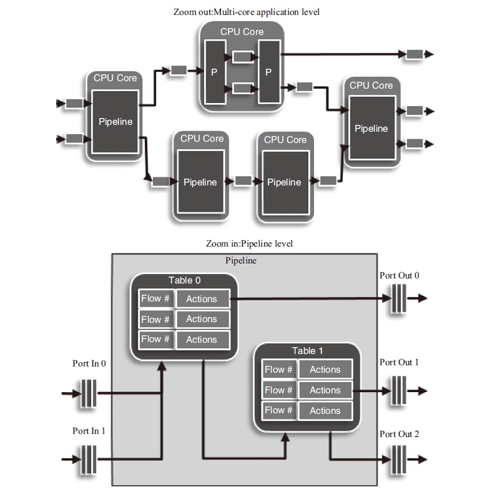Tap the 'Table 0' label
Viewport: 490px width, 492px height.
pyautogui.click(x=185, y=280)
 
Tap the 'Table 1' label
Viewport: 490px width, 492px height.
pyautogui.click(x=308, y=351)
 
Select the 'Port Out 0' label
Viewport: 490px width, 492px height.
pyautogui.click(x=399, y=275)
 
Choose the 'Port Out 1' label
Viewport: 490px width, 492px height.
pyautogui.click(x=399, y=362)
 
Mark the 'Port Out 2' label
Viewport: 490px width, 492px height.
pyautogui.click(x=399, y=434)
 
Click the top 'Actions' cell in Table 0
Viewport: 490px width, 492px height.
pyautogui.click(x=202, y=299)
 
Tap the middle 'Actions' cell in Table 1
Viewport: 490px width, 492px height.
pyautogui.click(x=325, y=390)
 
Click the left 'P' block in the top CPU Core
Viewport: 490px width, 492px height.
pyautogui.click(x=214, y=72)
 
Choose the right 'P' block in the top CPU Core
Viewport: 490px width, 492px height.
pyautogui.click(x=268, y=72)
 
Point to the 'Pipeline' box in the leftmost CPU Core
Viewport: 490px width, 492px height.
pyautogui.click(x=115, y=122)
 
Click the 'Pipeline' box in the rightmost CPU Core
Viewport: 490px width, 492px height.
pyautogui.click(x=371, y=129)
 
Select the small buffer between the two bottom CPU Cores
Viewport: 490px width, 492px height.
pyautogui.click(x=243, y=181)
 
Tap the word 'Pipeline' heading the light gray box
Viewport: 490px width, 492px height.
pyautogui.click(x=240, y=260)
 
